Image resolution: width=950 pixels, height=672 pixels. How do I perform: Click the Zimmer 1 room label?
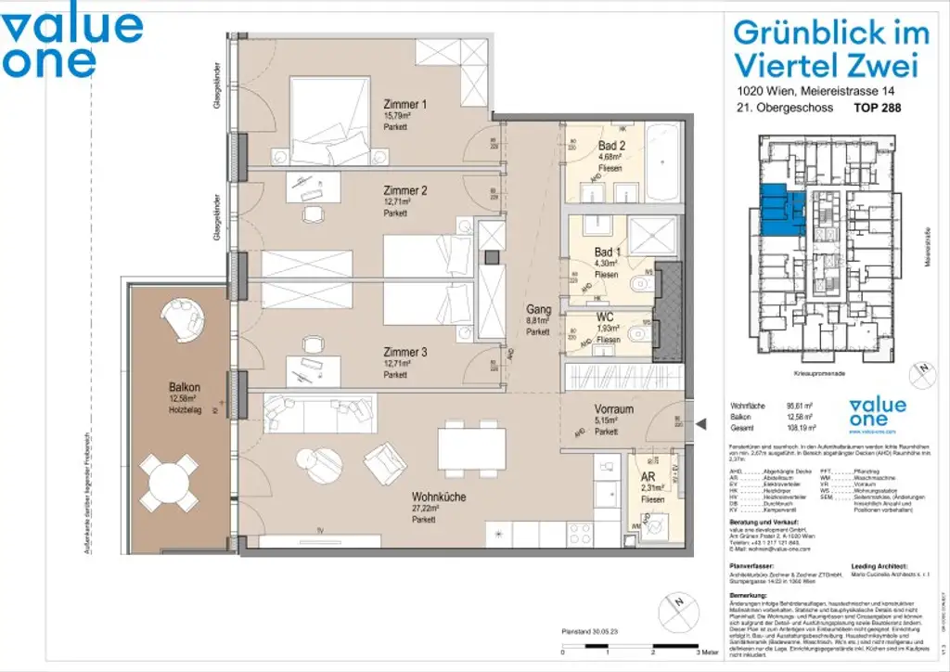(x=404, y=105)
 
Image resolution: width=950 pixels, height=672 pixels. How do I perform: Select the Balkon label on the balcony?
(x=186, y=387)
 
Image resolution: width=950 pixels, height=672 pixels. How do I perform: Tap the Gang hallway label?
(x=538, y=310)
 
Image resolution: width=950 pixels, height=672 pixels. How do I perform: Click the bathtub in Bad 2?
(x=665, y=162)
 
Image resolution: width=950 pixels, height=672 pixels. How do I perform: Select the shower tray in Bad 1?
(x=653, y=235)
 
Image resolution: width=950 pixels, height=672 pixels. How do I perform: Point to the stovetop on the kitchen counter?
(x=581, y=534)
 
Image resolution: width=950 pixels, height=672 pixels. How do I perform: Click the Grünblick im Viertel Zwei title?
(x=830, y=49)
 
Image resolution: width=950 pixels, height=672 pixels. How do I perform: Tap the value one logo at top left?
(x=72, y=43)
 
